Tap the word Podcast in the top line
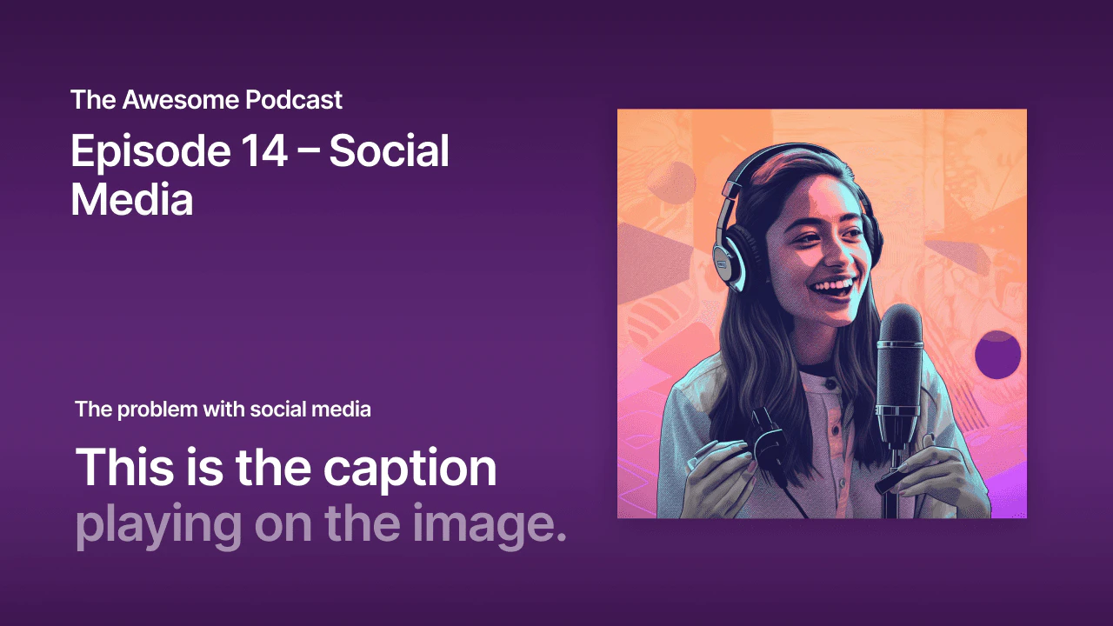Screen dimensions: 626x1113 294,100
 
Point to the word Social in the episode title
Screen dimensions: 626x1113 390,153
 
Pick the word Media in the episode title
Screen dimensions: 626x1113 131,200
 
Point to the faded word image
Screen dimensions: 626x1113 490,524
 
